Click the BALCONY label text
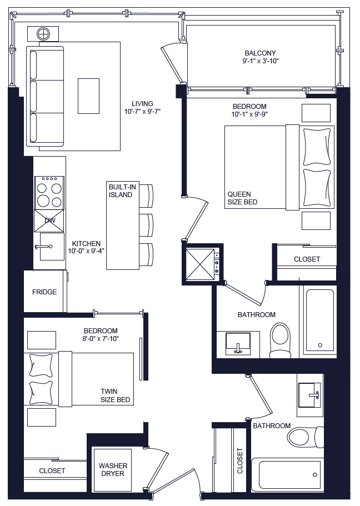tap(260, 53)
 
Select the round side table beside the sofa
tap(43, 34)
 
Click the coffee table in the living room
tap(88, 95)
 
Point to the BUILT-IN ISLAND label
tap(121, 191)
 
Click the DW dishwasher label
tap(49, 221)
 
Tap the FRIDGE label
tap(44, 292)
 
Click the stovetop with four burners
tap(49, 193)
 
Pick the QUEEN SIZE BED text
tap(242, 198)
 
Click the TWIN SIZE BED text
tap(116, 395)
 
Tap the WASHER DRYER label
tap(113, 469)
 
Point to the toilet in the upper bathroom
tap(279, 339)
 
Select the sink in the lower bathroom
tap(309, 395)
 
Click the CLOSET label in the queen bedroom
tap(307, 259)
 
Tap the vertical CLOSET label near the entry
tap(240, 460)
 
